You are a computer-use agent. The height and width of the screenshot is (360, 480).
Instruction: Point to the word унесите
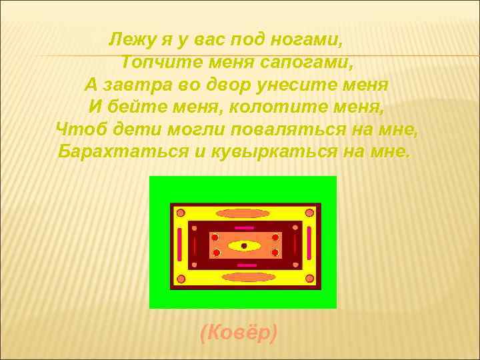[296, 85]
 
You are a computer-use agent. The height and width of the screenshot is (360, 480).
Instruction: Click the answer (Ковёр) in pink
[239, 332]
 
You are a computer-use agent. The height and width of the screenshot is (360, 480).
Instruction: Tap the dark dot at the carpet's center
[244, 246]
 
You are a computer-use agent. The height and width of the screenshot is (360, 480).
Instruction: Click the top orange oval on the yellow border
[243, 213]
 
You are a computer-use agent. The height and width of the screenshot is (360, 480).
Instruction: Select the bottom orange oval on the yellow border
[248, 277]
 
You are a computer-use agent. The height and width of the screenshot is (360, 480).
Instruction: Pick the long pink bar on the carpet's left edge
[180, 245]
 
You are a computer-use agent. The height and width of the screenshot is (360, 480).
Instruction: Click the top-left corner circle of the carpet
[179, 213]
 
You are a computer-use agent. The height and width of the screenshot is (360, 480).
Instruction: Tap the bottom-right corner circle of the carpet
[309, 278]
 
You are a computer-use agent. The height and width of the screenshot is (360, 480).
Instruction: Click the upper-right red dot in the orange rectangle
[275, 237]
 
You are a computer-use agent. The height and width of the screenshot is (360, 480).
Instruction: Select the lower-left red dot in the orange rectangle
[215, 253]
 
